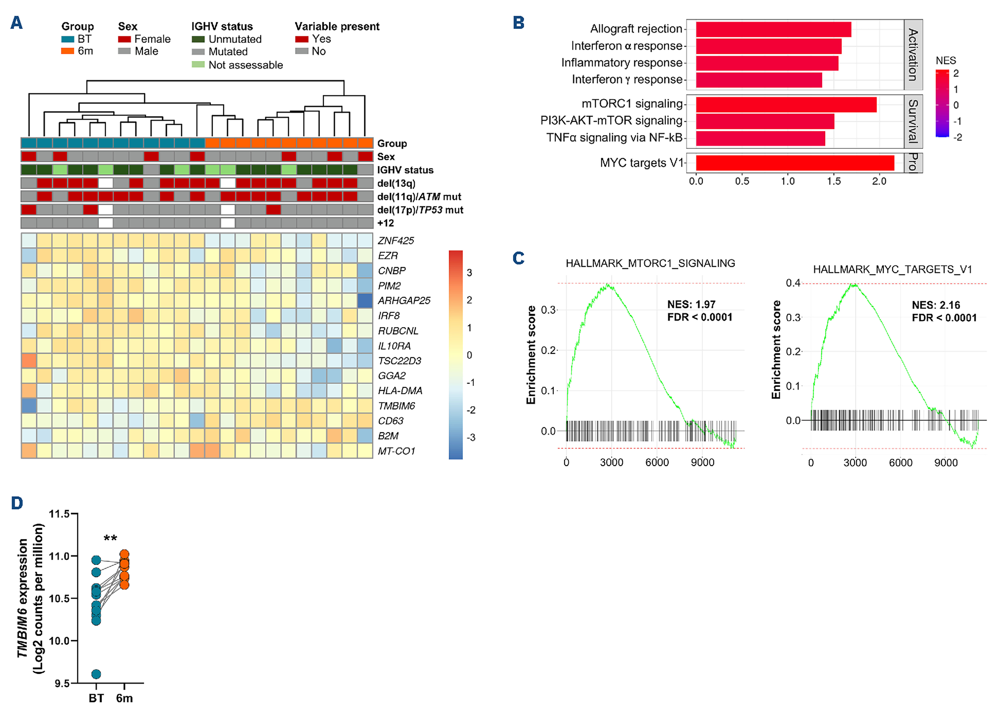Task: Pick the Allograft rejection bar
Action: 773,29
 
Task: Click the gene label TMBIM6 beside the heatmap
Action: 396,406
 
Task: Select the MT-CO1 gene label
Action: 396,451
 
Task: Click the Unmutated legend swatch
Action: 198,39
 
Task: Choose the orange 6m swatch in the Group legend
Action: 67,51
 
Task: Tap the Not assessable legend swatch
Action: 198,65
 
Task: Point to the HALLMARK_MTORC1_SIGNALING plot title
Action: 650,263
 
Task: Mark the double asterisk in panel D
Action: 110,539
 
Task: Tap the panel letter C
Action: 518,258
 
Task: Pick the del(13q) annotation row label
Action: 396,183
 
